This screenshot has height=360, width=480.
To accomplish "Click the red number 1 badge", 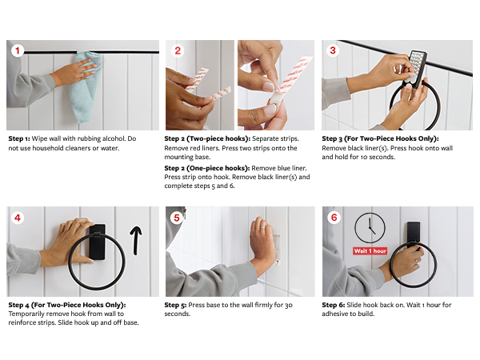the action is (x=18, y=50).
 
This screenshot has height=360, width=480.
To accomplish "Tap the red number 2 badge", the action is (x=178, y=50).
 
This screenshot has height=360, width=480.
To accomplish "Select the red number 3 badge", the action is (x=333, y=50).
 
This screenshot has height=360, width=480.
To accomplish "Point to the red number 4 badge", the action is (x=18, y=218).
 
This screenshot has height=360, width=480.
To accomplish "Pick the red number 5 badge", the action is (x=177, y=218).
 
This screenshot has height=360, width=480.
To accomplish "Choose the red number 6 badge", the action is (x=334, y=218).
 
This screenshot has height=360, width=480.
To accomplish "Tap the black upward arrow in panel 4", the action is (x=136, y=241).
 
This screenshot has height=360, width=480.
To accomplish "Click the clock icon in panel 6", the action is (x=370, y=228).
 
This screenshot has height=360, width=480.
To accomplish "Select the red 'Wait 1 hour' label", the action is (x=370, y=251).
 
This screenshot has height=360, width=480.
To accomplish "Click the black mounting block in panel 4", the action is (x=98, y=242).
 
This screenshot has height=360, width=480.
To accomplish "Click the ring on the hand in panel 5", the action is (x=262, y=228).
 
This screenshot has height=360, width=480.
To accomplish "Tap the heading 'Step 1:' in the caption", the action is (x=19, y=138).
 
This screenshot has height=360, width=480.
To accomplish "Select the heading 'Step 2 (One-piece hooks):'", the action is (x=207, y=168).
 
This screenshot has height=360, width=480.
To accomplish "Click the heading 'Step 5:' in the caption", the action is (x=175, y=305).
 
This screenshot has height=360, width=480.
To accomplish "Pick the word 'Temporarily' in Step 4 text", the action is (x=27, y=314).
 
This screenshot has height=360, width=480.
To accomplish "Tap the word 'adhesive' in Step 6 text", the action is (x=334, y=314).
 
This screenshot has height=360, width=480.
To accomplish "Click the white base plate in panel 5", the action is (x=277, y=250).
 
